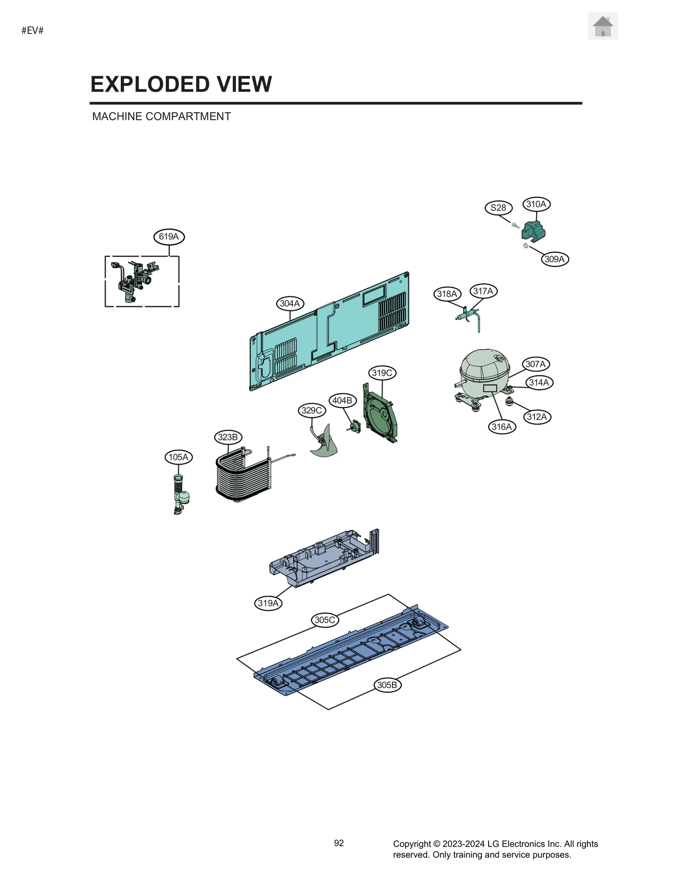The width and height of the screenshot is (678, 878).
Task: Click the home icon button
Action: point(602,26)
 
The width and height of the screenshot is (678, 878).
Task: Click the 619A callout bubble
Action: point(169,237)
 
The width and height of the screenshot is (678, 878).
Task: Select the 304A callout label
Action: point(290,304)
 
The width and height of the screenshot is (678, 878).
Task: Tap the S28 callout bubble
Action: point(498,208)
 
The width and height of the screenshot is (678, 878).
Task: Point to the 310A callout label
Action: point(536,204)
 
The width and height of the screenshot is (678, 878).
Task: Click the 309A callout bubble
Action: point(554,259)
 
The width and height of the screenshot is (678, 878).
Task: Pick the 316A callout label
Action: point(502,426)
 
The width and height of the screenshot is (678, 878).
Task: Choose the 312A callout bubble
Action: point(537,417)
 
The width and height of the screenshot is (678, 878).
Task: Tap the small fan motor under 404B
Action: point(354,426)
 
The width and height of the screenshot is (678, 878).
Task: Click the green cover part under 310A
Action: point(534,231)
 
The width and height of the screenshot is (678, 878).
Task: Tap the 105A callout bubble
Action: point(178,457)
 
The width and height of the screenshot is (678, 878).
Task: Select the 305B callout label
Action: point(387,685)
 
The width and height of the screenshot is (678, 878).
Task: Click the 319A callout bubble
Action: point(268,603)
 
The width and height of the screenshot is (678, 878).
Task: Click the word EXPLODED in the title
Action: point(150,84)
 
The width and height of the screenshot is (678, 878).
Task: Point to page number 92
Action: point(339,843)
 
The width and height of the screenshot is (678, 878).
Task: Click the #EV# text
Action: point(33,31)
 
